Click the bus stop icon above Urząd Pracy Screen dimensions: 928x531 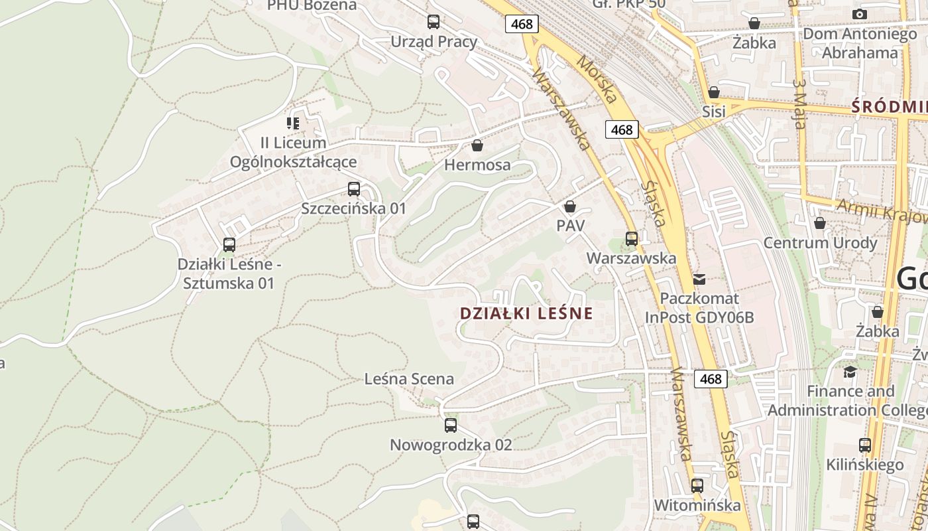[x=434, y=22]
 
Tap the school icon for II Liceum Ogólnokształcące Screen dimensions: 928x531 [x=292, y=123]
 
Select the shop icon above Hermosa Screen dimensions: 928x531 [x=477, y=145]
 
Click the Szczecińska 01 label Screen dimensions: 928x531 [x=353, y=208]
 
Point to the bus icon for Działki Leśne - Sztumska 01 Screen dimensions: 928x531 [x=229, y=245]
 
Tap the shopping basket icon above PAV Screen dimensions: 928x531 [x=570, y=206]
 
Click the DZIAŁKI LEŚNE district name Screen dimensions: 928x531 [x=526, y=313]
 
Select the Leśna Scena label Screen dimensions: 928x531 [x=409, y=379]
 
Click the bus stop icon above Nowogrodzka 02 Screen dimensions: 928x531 [x=451, y=425]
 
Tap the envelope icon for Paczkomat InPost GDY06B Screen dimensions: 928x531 [x=699, y=279]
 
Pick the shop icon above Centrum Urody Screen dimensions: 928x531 [x=820, y=223]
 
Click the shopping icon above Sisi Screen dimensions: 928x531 [x=714, y=92]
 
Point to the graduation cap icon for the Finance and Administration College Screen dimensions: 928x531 [x=850, y=372]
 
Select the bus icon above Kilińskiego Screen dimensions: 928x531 [x=865, y=445]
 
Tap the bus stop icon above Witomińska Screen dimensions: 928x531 [x=697, y=486]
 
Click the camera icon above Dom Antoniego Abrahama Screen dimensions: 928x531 [x=860, y=14]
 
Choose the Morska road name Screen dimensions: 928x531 [x=596, y=80]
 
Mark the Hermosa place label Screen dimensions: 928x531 [x=477, y=165]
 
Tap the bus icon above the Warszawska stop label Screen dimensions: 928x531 [x=632, y=238]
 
